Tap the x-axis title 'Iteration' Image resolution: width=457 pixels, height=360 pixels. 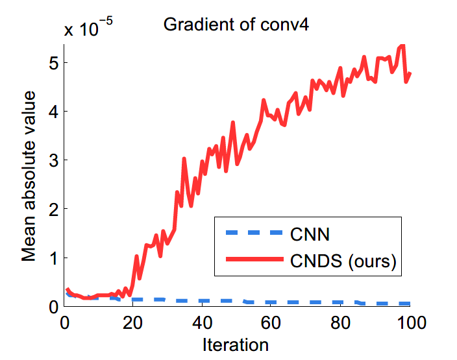point(236,343)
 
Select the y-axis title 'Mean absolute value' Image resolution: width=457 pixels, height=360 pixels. point(29,176)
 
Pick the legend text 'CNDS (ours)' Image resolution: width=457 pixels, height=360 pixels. point(343,261)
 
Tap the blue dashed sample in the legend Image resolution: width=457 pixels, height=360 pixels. point(254,233)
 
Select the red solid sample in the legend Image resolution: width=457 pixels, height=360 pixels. point(254,261)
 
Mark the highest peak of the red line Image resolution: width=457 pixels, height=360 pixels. point(402,45)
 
